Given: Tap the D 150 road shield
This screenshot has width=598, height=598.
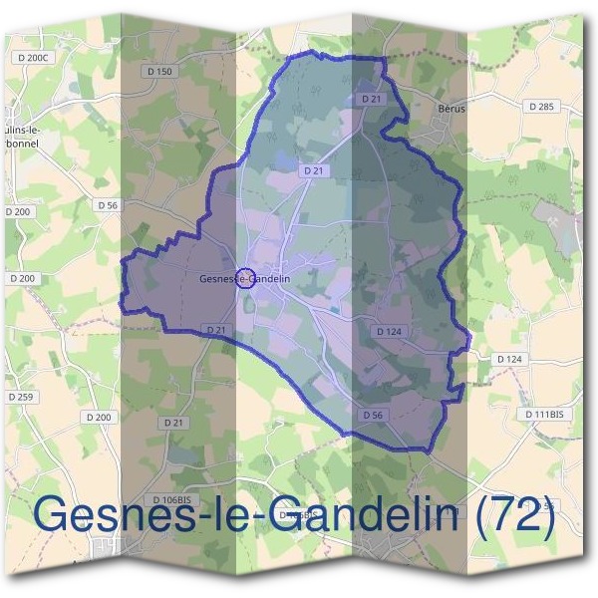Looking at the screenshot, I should tap(159, 71).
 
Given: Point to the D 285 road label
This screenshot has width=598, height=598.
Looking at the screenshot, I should tap(542, 106).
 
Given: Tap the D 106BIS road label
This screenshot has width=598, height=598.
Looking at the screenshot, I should tap(171, 499).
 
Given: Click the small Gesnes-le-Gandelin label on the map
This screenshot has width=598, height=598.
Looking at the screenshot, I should tap(245, 279).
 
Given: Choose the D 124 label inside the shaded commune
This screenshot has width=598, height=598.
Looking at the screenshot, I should tap(390, 331).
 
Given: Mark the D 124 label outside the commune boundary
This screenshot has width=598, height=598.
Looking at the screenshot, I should tap(508, 358).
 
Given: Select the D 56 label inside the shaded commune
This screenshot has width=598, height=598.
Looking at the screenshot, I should tap(373, 414).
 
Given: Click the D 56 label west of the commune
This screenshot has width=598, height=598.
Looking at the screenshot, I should tap(108, 204).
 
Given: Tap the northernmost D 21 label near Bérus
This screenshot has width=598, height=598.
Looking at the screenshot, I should tap(372, 99).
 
